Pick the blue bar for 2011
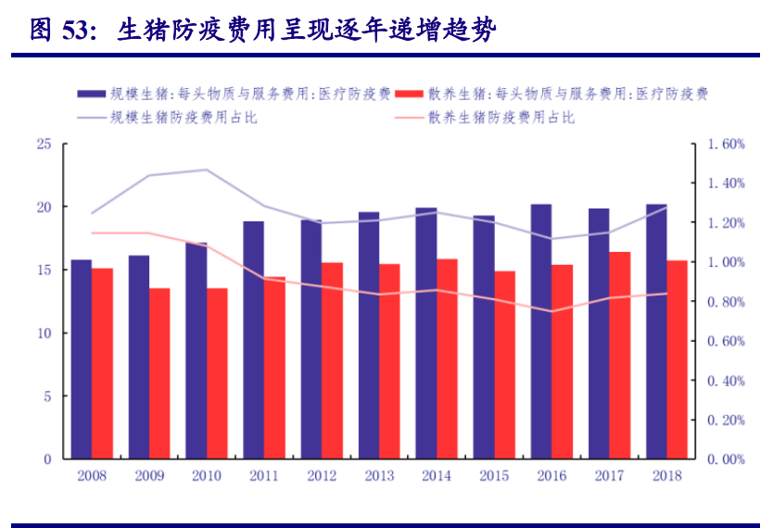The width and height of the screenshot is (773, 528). (x=254, y=340)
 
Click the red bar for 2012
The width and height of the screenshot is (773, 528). (x=332, y=360)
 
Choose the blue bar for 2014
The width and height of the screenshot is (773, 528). (x=426, y=333)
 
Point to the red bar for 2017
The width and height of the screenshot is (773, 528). (x=619, y=356)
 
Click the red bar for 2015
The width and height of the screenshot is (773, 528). (x=504, y=365)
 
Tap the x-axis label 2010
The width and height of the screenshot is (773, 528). (x=206, y=475)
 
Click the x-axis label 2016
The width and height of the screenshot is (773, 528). (x=551, y=475)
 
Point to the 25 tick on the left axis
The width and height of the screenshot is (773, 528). (x=44, y=145)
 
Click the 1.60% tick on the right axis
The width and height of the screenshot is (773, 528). (x=726, y=145)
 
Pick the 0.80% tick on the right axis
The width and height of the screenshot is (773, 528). (x=726, y=302)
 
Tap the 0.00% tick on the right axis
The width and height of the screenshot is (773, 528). (x=726, y=459)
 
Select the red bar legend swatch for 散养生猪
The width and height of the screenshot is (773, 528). (x=410, y=94)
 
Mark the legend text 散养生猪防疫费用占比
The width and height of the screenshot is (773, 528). (x=501, y=118)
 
